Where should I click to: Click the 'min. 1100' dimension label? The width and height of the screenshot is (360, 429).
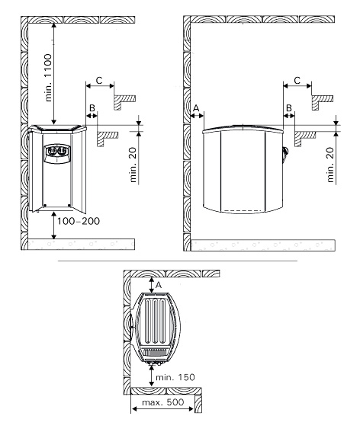point(48,78)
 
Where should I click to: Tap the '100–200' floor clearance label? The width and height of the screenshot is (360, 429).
point(78,221)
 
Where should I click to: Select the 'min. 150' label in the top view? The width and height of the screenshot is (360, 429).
point(175,377)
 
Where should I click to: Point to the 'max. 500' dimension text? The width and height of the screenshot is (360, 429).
point(163,402)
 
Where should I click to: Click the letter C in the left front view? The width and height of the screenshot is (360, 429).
point(99,81)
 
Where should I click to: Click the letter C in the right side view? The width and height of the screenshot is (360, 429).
point(297,81)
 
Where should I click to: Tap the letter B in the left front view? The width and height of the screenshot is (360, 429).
point(92,107)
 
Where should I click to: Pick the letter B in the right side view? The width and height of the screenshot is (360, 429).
point(289,107)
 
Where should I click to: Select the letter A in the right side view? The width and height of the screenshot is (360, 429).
point(196,108)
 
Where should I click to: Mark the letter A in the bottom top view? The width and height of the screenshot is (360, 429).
point(159,285)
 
